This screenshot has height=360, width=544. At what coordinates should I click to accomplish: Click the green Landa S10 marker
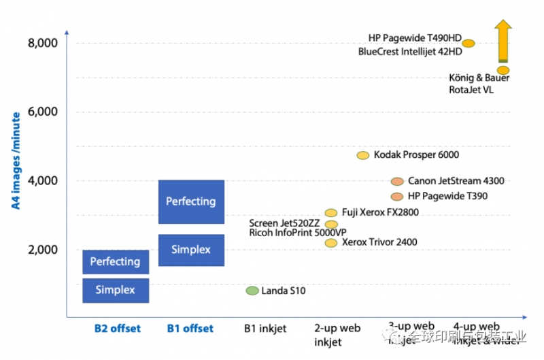(252, 291)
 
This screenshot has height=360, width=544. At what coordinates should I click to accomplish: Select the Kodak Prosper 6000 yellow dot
(363, 155)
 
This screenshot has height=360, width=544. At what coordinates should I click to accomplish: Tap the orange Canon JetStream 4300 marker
(397, 181)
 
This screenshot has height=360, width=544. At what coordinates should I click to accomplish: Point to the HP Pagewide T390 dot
(397, 196)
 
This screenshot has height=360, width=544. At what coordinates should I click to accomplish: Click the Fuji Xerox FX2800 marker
(331, 213)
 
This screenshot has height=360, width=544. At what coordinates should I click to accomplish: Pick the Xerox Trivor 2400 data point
(331, 242)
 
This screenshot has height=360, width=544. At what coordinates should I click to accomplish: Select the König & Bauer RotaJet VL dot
(503, 70)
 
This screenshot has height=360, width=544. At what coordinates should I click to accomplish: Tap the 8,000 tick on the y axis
(43, 44)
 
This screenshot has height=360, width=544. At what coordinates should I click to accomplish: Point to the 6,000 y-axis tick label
(43, 112)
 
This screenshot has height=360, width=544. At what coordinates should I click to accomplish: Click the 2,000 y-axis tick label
(43, 250)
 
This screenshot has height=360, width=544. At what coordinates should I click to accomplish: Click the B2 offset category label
(117, 329)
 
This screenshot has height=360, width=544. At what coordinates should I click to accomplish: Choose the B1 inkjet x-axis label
(265, 329)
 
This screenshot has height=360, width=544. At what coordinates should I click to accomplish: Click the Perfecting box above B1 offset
(191, 201)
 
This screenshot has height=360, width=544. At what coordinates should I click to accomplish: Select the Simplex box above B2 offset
(115, 291)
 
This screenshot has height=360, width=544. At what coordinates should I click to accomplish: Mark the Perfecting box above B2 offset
(115, 261)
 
